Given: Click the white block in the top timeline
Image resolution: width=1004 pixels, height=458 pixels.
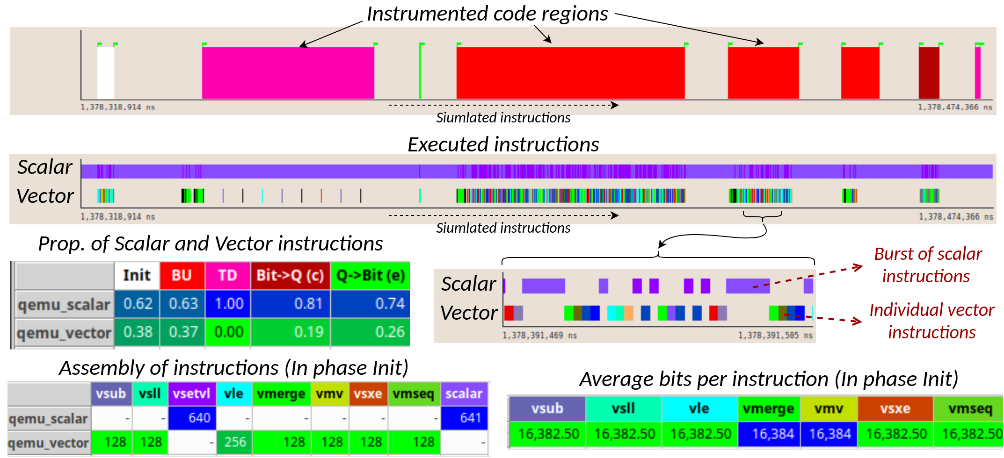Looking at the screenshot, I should (x=106, y=72).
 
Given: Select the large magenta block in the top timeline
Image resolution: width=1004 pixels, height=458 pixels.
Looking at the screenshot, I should (x=288, y=72).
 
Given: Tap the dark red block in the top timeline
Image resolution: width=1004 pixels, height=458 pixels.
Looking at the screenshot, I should (x=929, y=72).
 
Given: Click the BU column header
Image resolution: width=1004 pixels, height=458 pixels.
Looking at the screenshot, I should (x=182, y=275).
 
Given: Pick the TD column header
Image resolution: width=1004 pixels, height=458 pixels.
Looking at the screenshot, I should (x=227, y=275).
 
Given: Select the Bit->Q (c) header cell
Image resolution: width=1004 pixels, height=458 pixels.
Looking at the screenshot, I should (x=290, y=275).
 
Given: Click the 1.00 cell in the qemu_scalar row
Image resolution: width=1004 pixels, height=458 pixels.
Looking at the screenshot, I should (x=228, y=304).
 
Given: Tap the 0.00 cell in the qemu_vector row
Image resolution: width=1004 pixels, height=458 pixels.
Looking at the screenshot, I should (x=228, y=332).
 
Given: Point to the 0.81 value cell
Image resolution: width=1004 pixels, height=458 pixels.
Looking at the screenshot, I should (x=291, y=304).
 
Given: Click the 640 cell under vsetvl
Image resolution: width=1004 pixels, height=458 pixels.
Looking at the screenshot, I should (x=192, y=418).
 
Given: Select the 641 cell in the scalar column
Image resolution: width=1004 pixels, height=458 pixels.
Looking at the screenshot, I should (x=465, y=418).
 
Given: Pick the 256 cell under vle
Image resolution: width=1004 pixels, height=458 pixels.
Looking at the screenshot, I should (x=234, y=442).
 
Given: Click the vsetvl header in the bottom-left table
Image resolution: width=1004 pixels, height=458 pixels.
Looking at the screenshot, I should (x=192, y=394).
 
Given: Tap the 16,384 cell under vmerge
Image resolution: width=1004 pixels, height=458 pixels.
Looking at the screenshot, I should (x=769, y=434).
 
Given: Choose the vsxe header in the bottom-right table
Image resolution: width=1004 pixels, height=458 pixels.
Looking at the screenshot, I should (x=895, y=408).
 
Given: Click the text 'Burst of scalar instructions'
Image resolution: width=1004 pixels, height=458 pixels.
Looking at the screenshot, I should (x=927, y=265).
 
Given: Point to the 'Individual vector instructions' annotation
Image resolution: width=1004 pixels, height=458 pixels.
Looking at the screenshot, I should (x=931, y=321).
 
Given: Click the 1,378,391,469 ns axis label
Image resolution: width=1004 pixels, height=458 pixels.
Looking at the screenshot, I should (x=539, y=336).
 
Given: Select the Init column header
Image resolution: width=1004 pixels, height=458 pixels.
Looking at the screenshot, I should (x=137, y=275).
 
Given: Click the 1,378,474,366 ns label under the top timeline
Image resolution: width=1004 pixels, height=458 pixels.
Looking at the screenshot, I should (x=955, y=107).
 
